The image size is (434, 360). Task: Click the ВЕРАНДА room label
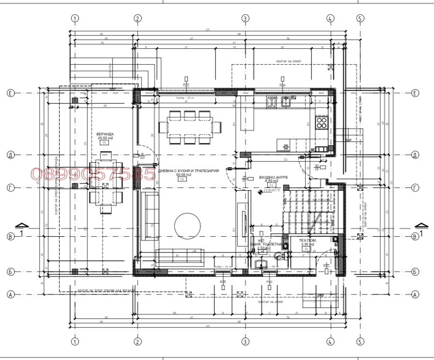click(105, 134)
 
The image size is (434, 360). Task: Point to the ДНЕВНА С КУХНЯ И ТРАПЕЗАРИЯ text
click(189, 171)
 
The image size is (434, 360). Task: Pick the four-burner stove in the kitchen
click(322, 123)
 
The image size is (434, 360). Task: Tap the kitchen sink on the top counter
click(286, 101)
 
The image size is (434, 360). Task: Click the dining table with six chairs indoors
click(190, 127)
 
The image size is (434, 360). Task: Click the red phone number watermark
click(93, 174)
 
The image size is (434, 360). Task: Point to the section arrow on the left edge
click(21, 226)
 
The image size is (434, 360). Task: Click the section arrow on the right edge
click(421, 226)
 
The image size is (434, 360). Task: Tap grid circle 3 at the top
click(245, 18)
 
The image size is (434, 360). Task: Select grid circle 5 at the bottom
click(360, 341)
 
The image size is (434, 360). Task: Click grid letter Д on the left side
click(10, 155)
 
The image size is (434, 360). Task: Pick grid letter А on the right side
click(415, 294)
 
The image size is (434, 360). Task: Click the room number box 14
click(306, 249)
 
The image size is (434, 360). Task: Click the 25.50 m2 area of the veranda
click(105, 138)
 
